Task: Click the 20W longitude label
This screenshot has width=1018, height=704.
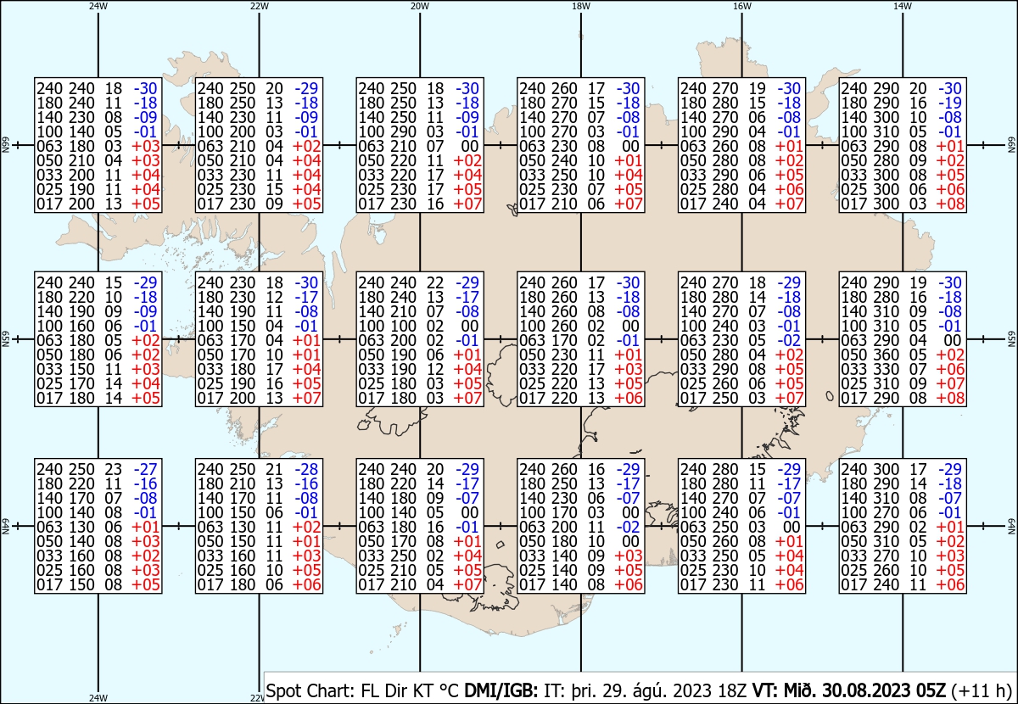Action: tap(419, 6)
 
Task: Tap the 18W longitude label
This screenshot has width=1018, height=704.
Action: tap(581, 6)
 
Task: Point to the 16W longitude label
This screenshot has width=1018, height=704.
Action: tap(741, 6)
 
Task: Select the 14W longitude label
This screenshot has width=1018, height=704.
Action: tap(903, 6)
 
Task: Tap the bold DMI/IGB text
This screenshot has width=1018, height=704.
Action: tap(501, 690)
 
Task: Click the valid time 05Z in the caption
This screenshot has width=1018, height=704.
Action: tap(931, 690)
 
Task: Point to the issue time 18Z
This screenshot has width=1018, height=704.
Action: tap(732, 690)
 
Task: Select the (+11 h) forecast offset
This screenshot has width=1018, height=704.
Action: tap(982, 690)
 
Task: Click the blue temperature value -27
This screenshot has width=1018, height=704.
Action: tap(145, 468)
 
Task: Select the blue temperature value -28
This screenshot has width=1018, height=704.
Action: tap(306, 468)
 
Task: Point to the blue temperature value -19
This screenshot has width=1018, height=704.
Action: tap(950, 103)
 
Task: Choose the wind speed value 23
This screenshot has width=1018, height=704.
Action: tap(114, 468)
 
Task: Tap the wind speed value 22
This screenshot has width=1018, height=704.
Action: tap(435, 282)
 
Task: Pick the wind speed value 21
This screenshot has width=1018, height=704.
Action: tap(275, 468)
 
